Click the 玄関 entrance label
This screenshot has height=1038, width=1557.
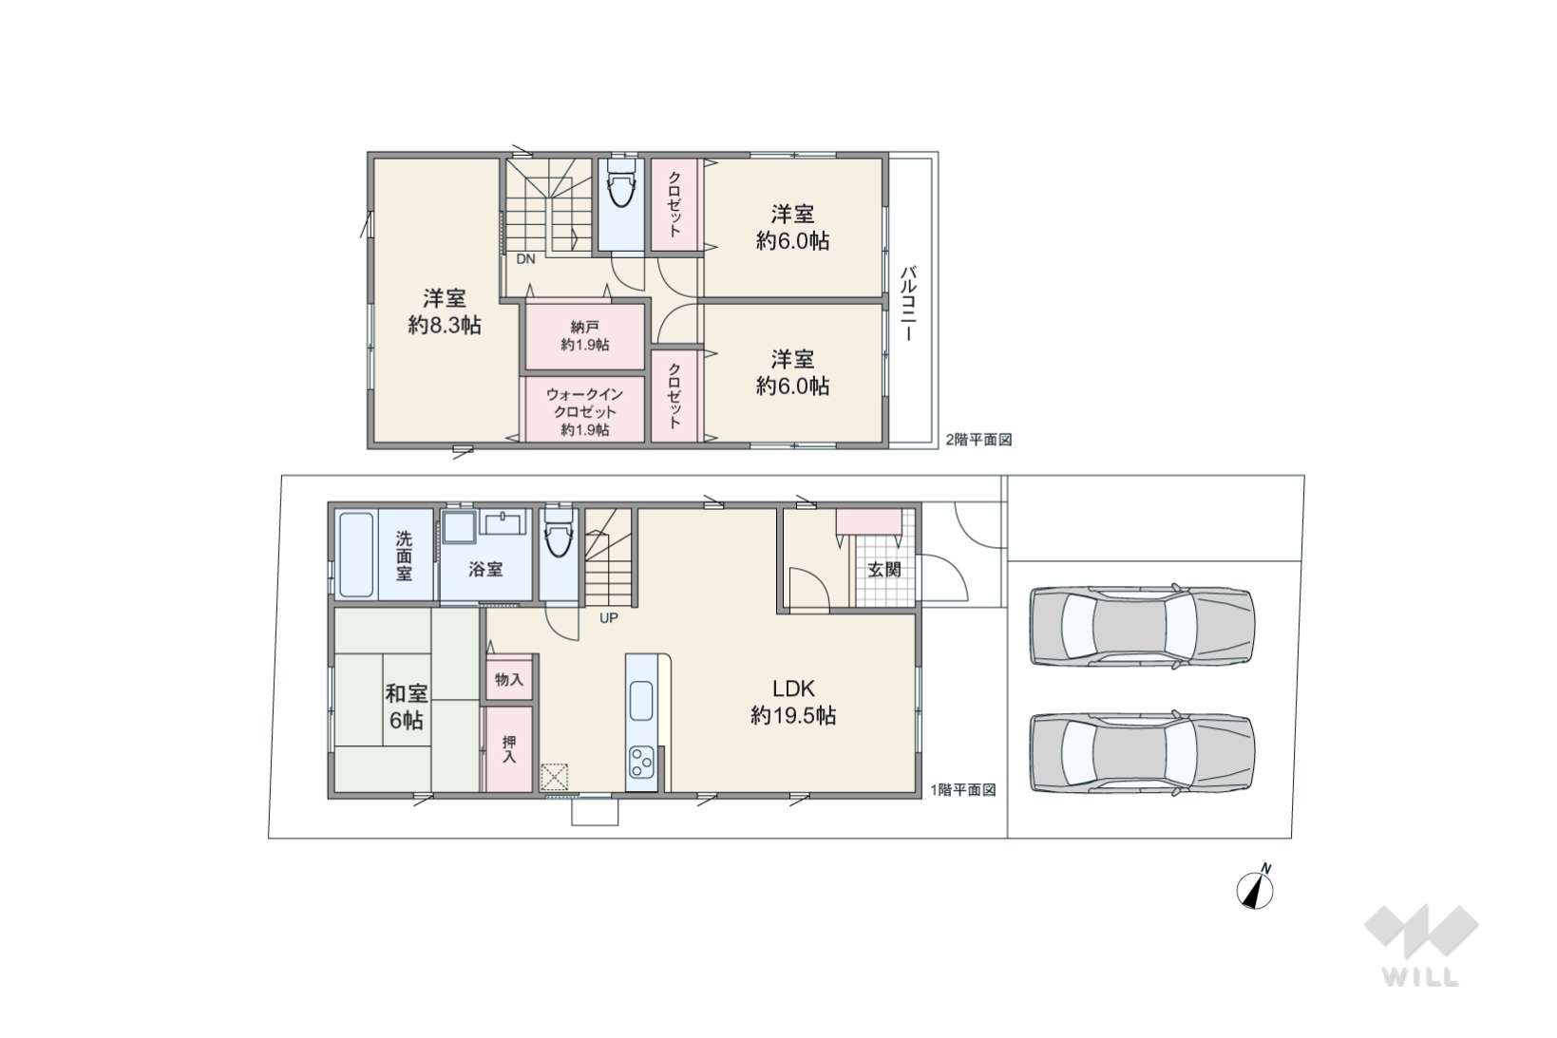pos(884,570)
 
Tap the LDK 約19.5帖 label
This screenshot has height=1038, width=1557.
pos(793,702)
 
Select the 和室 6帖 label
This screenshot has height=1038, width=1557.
pos(407,707)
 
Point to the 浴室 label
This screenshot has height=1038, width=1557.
pos(485,569)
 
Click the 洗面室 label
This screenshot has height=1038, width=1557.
pos(404,556)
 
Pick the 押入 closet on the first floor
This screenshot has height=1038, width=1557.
pos(509,749)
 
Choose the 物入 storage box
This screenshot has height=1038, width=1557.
pos(509,679)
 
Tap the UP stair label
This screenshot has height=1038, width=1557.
pos(608,617)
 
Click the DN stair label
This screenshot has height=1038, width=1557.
pos(525,259)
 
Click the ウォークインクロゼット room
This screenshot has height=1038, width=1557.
pos(584,409)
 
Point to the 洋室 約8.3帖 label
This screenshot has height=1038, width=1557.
pos(445,311)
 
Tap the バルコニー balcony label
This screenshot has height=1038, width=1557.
pos(907,303)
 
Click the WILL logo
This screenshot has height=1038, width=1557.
pos(1421,944)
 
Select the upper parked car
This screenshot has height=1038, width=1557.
pos(1142,626)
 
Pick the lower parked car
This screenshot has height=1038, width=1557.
pos(1142,752)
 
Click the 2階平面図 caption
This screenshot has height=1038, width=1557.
pos(978,440)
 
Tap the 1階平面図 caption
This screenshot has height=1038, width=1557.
pos(963,790)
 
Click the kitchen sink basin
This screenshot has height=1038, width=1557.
pos(641,701)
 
